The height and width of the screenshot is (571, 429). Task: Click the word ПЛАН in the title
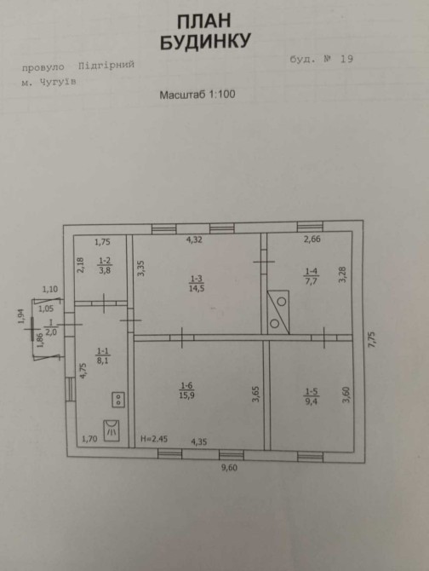[204, 21]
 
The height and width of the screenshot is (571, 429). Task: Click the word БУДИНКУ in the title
[205, 41]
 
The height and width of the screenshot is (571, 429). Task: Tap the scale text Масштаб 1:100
[197, 95]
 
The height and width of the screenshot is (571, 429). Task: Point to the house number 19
[346, 59]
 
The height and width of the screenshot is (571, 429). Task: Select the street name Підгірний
[106, 66]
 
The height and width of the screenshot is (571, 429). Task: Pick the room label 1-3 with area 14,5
[196, 284]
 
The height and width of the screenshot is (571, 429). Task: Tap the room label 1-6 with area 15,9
[186, 390]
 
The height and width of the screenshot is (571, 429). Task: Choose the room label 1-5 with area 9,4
[312, 396]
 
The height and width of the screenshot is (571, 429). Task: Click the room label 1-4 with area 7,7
[312, 276]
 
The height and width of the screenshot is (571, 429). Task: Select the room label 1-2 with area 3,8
[105, 265]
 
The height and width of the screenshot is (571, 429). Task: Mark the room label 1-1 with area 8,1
[103, 355]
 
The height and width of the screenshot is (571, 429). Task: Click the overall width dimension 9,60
[229, 468]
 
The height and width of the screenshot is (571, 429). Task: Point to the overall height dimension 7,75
[372, 339]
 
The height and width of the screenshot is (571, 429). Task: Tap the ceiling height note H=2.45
[154, 439]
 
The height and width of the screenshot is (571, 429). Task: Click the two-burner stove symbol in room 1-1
[118, 400]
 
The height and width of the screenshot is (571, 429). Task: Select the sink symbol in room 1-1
[112, 430]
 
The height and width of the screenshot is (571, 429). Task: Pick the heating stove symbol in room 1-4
[278, 312]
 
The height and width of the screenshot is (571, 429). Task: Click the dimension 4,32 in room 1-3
[194, 239]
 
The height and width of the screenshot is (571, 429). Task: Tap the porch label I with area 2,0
[51, 328]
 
